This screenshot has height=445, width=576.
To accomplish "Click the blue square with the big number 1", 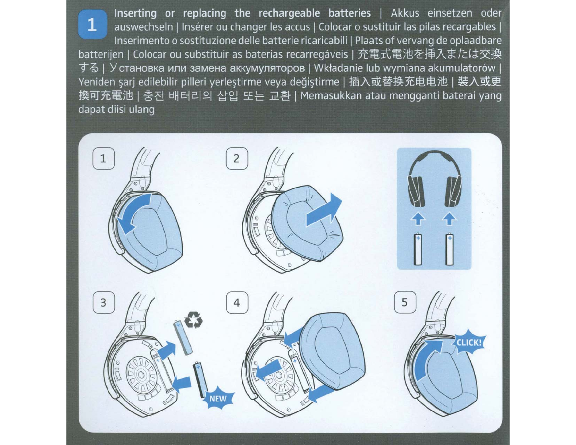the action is tap(92, 25).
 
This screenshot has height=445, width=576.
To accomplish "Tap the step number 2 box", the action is tap(237, 159).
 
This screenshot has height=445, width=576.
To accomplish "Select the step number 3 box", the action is tap(104, 302).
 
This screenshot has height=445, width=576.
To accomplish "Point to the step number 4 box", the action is tap(237, 302).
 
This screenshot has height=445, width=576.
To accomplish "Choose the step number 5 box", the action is tap(405, 302).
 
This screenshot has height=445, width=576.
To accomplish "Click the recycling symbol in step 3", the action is tap(193, 320).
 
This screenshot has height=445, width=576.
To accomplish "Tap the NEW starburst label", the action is tap(218, 398).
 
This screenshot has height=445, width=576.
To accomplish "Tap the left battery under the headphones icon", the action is tap(418, 249).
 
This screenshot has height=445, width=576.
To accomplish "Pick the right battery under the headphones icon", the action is tap(449, 249).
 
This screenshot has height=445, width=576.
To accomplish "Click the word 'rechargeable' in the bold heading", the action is tap(289, 13).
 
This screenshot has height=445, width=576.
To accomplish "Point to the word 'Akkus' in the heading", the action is tap(405, 13).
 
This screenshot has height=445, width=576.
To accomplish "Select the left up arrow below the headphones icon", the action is tap(418, 219).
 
